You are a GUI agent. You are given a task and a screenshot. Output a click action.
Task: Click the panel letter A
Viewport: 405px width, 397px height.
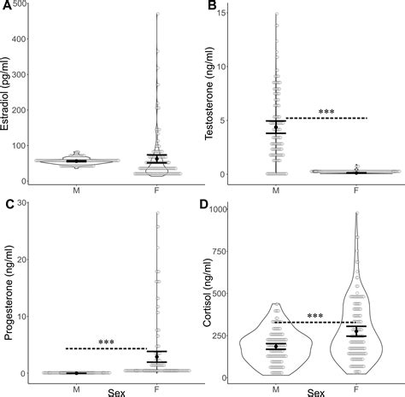pyautogui.click(x=7, y=7)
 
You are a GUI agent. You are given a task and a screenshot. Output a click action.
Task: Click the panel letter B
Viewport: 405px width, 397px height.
pyautogui.click(x=212, y=7)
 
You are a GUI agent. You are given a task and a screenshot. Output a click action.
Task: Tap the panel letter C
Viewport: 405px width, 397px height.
pyautogui.click(x=7, y=203)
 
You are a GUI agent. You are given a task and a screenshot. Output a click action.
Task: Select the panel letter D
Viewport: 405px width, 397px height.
pyautogui.click(x=212, y=203)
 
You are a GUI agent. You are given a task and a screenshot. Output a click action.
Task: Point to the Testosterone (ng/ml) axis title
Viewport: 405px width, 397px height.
pyautogui.click(x=214, y=95)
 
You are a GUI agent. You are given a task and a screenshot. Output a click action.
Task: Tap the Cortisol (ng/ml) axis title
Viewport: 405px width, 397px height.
pyautogui.click(x=214, y=295)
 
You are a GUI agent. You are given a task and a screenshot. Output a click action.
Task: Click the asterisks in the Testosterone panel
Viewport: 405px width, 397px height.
pyautogui.click(x=326, y=113)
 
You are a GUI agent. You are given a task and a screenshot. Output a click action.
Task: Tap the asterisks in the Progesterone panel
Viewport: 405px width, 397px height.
pyautogui.click(x=107, y=343)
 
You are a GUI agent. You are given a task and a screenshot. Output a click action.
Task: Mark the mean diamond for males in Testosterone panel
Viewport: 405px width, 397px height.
pyautogui.click(x=275, y=127)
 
